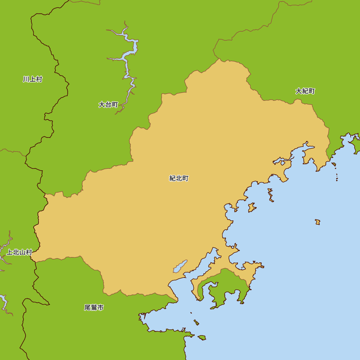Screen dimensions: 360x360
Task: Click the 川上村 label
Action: [32, 79]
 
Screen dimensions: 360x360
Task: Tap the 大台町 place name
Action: [108, 105]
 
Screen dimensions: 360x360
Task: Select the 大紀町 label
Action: [305, 91]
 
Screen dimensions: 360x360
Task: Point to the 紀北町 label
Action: [179, 178]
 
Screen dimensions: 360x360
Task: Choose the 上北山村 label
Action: [19, 252]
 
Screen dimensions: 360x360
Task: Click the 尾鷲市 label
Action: [94, 308]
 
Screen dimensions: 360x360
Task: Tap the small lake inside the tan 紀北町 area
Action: [180, 266]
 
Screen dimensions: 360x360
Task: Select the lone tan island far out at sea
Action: [318, 222]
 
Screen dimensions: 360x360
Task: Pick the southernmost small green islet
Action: [202, 338]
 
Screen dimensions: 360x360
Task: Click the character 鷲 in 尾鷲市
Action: [94, 308]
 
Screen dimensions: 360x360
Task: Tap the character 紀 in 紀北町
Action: [173, 178]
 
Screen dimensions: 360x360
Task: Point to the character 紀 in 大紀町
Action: [305, 91]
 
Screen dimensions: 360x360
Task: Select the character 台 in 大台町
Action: [108, 105]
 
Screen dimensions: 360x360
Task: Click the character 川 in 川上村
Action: [26, 79]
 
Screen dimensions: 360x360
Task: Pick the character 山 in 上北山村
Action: [23, 252]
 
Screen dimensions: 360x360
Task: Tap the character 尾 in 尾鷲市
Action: [87, 308]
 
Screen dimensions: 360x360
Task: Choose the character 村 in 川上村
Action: [39, 79]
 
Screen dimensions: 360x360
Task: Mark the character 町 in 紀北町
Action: [185, 178]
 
